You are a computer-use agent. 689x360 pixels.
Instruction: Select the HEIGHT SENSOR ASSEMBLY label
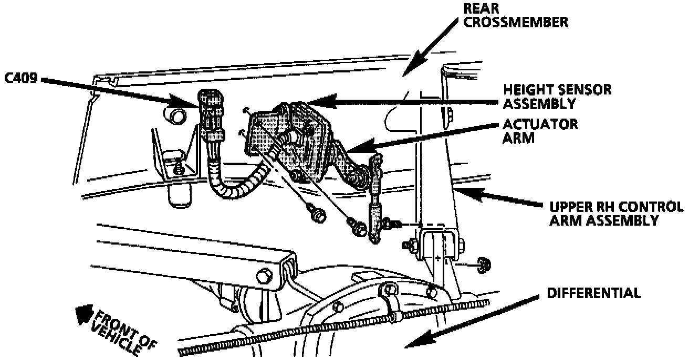(557, 97)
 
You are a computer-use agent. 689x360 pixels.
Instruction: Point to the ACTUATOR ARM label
(540, 131)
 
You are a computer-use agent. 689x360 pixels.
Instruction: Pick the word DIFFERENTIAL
(593, 293)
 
